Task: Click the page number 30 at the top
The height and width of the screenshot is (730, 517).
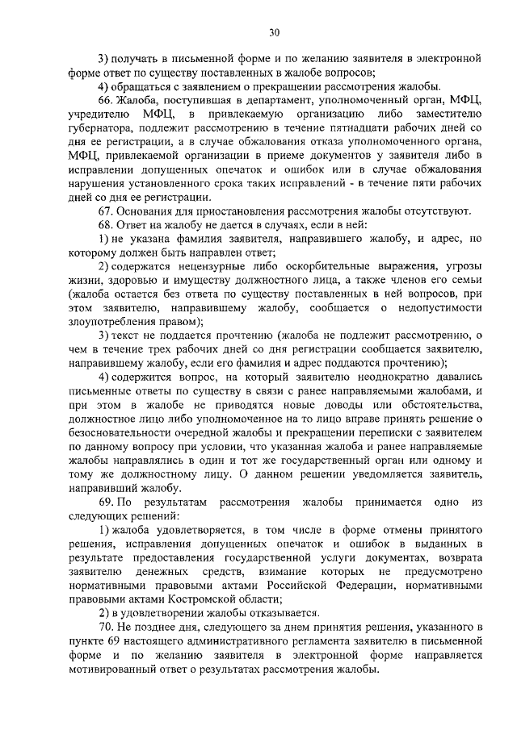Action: pyautogui.click(x=274, y=32)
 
